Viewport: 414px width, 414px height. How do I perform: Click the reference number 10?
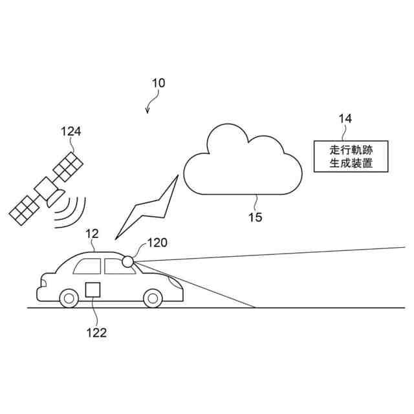coord(158,83)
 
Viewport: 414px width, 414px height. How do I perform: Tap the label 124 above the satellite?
coord(71,131)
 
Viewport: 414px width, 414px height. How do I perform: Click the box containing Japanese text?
coord(351,156)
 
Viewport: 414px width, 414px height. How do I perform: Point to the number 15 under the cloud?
coord(256,217)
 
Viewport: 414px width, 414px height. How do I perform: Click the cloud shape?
coord(243,165)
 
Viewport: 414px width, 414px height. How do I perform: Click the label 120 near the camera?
coord(157,243)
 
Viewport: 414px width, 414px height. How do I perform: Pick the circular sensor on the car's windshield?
coord(128,261)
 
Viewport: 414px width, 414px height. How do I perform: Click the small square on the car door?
coord(93,290)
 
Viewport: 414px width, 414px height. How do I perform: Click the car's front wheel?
coord(153,298)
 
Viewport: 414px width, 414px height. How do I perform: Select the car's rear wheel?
coord(69,298)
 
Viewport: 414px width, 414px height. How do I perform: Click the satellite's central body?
coord(47,189)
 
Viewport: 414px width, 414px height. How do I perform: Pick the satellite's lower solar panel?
coord(25,208)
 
